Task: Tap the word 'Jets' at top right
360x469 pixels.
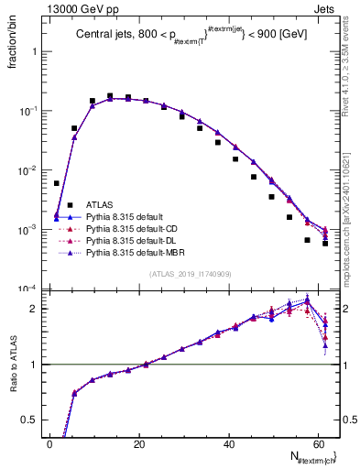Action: click(326, 7)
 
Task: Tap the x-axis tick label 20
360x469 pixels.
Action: click(138, 445)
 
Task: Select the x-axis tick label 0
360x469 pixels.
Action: click(49, 445)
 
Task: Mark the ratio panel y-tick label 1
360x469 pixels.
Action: click(37, 365)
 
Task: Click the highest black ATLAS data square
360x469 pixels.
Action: click(110, 95)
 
